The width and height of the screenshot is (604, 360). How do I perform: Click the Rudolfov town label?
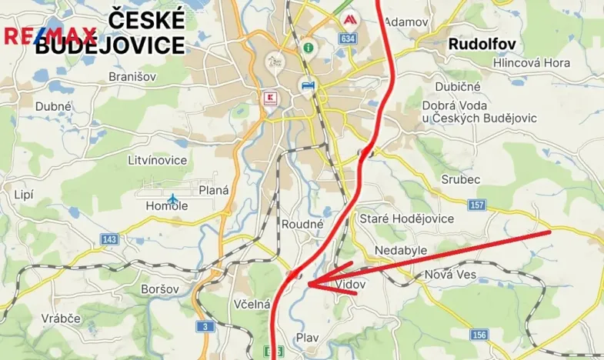coord(482,45)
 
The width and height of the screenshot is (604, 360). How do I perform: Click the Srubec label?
coord(462,179)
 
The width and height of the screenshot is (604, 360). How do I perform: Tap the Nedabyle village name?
coord(400,251)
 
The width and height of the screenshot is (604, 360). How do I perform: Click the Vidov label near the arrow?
coord(351,284)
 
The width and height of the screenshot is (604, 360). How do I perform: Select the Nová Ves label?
coord(450,275)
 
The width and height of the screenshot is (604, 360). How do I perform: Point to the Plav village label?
coord(307,336)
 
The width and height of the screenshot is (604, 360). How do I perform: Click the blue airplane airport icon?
coord(172,200)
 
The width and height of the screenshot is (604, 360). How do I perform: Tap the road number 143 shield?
coord(108,240)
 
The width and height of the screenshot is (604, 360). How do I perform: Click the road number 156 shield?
coord(479,335)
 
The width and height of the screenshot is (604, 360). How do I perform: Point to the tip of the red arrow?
coord(307,285)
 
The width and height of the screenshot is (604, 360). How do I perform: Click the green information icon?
coord(308,47)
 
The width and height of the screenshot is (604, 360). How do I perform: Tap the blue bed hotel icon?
coord(307,85)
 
